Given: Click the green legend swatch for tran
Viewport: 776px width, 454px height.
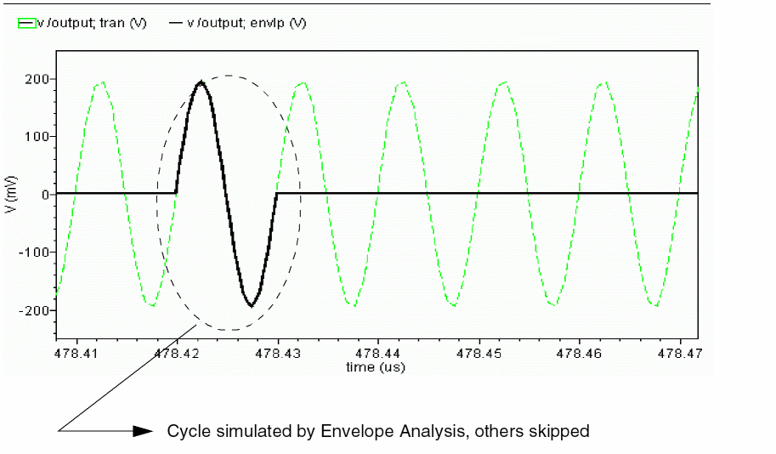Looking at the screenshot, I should pos(26,24).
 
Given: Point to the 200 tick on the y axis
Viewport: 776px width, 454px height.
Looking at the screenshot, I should pos(37,79).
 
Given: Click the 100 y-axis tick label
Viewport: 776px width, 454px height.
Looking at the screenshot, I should pos(37,136).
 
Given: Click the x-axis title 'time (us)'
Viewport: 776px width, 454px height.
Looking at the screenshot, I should pos(375,367).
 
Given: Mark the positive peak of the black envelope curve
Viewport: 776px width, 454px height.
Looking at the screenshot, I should pos(201,82).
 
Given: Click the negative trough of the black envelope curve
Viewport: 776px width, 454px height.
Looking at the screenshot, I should pos(251,305).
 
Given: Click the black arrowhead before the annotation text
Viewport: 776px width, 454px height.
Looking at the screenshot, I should pos(143,431).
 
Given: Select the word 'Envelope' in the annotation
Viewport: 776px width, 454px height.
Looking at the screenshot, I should pos(353,432).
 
